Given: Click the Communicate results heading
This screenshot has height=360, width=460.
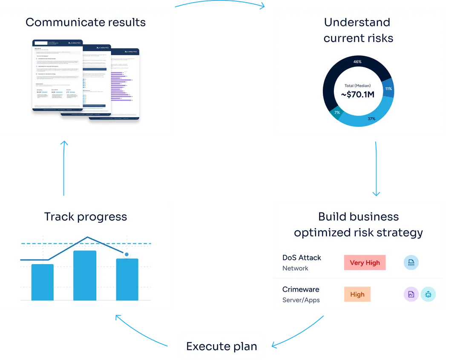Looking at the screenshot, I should [86, 23].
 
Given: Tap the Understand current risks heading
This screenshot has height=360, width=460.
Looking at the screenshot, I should [358, 30].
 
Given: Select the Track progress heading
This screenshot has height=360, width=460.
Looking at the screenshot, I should [86, 217].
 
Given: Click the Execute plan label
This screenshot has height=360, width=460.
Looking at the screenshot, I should [221, 346].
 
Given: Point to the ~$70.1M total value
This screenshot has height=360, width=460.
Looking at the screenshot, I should [358, 95].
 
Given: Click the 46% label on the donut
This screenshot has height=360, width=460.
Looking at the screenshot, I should [357, 62].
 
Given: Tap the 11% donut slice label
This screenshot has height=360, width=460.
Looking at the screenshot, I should [388, 89].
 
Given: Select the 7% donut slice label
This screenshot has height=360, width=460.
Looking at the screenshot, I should [337, 112].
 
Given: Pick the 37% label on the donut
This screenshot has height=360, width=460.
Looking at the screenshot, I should [371, 118].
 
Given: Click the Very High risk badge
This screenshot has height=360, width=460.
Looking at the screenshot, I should [365, 262].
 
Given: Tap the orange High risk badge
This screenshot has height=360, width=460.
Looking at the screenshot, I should [357, 294].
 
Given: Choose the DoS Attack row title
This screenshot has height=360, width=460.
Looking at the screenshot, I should [302, 258].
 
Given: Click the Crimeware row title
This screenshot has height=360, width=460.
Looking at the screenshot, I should [301, 289].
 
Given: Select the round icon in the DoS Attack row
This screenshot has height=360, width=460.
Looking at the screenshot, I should [411, 262].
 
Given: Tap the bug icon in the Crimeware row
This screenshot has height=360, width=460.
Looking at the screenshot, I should [428, 294].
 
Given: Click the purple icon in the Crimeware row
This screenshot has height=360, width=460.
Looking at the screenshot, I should [411, 294].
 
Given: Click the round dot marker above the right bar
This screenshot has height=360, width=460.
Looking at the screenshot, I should [126, 254].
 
